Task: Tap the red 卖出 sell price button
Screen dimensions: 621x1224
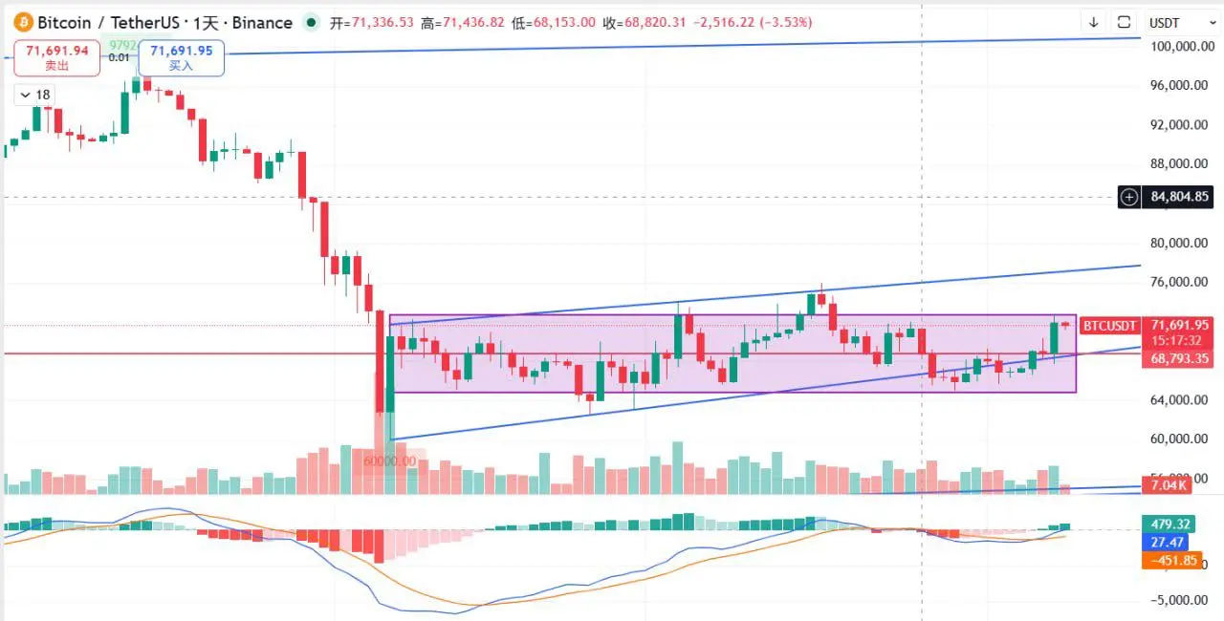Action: (x=58, y=57)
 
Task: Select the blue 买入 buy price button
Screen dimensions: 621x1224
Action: (x=181, y=57)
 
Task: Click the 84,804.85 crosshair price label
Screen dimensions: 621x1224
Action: (x=1180, y=197)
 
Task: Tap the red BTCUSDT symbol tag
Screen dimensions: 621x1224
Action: (x=1109, y=326)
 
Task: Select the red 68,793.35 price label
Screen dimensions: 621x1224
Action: (x=1180, y=358)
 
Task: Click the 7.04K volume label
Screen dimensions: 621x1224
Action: (x=1169, y=485)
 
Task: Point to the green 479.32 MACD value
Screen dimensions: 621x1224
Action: (x=1170, y=524)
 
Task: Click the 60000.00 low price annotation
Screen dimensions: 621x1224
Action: (x=390, y=461)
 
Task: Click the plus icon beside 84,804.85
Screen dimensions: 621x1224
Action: (x=1129, y=197)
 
